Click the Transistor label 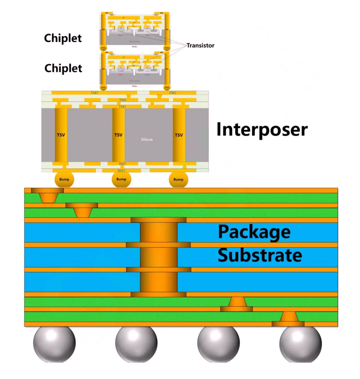(200, 45)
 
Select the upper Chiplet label (63, 38)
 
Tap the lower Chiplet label (63, 69)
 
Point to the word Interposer (262, 130)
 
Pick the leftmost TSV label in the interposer (61, 135)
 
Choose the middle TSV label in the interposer (119, 135)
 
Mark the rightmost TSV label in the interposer (178, 135)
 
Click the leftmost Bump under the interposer (64, 179)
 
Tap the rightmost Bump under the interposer (178, 179)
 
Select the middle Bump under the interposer (121, 179)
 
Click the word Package (254, 232)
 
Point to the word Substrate (260, 255)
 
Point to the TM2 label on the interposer (122, 100)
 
